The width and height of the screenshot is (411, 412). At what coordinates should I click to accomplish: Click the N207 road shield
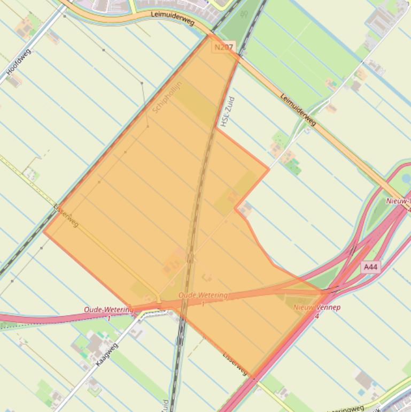[223, 48]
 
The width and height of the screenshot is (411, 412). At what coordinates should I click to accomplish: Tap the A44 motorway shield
[370, 266]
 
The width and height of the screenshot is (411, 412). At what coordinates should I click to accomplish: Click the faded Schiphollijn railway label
[167, 97]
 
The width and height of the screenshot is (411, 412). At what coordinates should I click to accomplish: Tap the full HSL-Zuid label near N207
[228, 111]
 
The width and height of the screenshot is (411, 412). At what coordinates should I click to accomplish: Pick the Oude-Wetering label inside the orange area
[203, 297]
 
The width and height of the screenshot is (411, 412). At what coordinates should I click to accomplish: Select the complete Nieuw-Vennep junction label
[316, 310]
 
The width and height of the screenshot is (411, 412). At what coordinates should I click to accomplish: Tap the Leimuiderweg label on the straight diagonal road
[298, 109]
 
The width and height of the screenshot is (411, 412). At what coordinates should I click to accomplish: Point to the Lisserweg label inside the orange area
[66, 216]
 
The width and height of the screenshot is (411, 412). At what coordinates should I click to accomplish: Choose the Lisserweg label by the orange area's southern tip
[235, 363]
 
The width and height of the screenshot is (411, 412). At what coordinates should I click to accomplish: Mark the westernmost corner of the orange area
[44, 232]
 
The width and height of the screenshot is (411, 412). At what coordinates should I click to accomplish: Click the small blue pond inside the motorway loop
[406, 178]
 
